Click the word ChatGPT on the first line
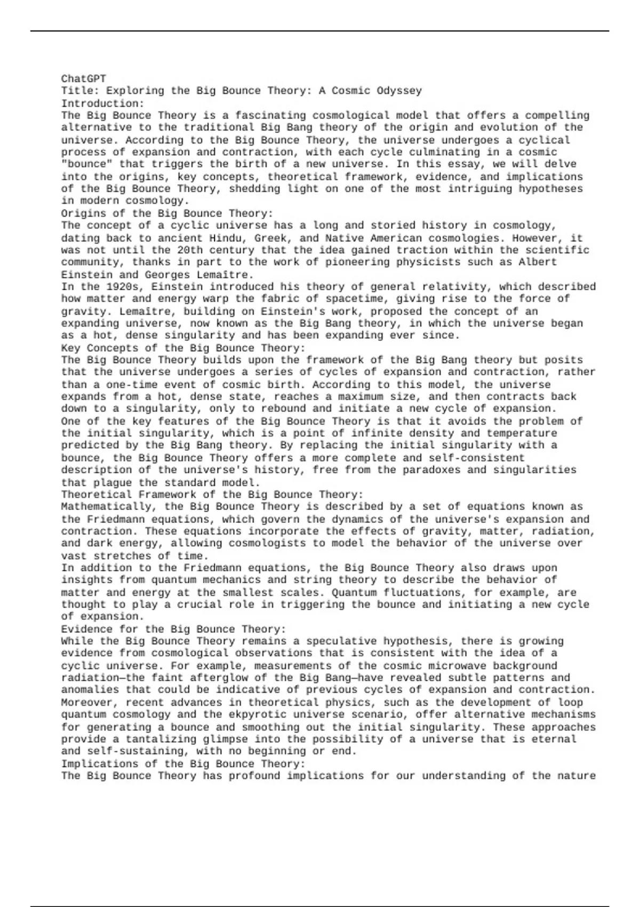pyautogui.click(x=83, y=79)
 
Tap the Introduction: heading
pyautogui.click(x=102, y=103)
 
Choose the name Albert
pyautogui.click(x=538, y=262)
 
